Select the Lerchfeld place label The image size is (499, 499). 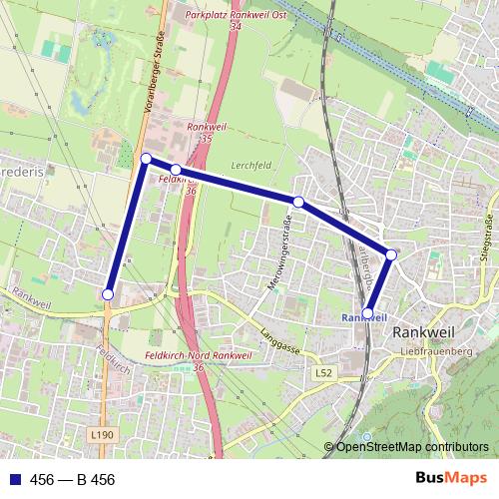[249, 164]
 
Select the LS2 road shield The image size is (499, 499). [321, 372]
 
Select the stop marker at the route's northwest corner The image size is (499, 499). [146, 159]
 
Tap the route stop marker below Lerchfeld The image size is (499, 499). [297, 202]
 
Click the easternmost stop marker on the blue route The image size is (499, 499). [391, 255]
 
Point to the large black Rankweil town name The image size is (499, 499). [426, 332]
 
